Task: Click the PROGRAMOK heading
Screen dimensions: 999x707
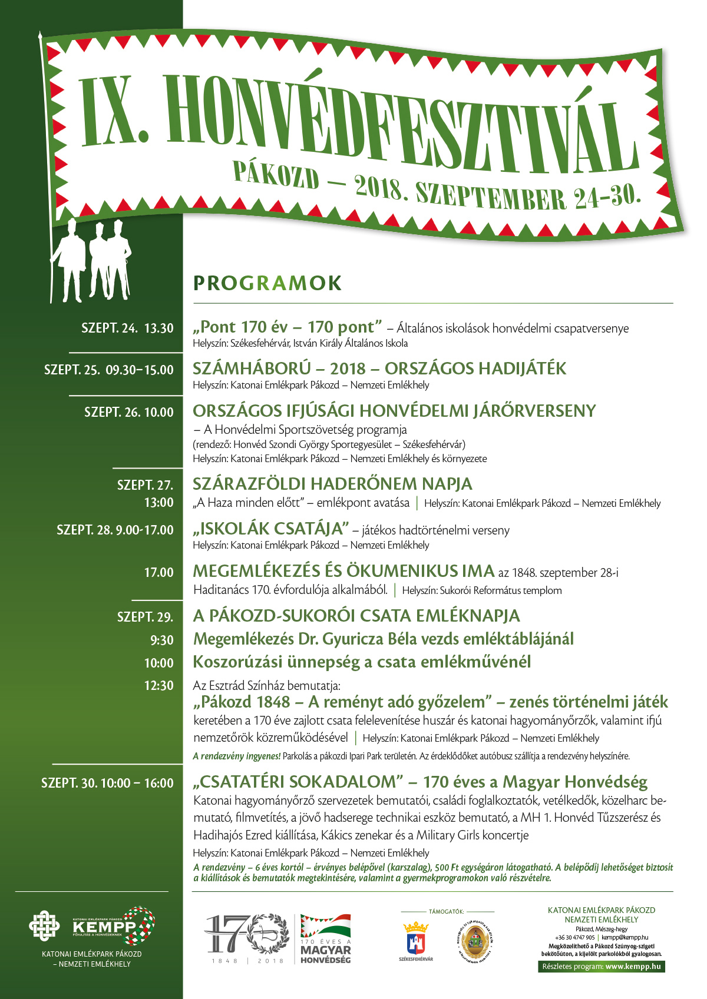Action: (x=267, y=283)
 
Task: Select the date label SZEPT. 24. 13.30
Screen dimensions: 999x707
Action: (x=127, y=328)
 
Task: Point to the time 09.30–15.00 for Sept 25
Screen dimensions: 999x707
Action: (x=140, y=370)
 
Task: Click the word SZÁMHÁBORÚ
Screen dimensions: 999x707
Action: (x=251, y=369)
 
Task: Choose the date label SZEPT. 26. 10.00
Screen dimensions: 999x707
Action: (x=129, y=412)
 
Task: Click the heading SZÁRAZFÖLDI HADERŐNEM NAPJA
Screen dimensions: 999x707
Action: (x=332, y=484)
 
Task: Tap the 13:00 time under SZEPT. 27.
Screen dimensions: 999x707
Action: (x=159, y=503)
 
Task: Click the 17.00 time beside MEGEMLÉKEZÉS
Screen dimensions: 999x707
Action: (x=159, y=572)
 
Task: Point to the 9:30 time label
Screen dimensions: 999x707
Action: (x=162, y=640)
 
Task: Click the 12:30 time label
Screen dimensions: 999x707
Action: (x=159, y=686)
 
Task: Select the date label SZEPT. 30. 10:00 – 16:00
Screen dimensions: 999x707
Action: (x=107, y=784)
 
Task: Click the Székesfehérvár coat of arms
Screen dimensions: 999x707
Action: (x=415, y=938)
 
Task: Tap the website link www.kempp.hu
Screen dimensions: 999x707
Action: (x=633, y=967)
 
